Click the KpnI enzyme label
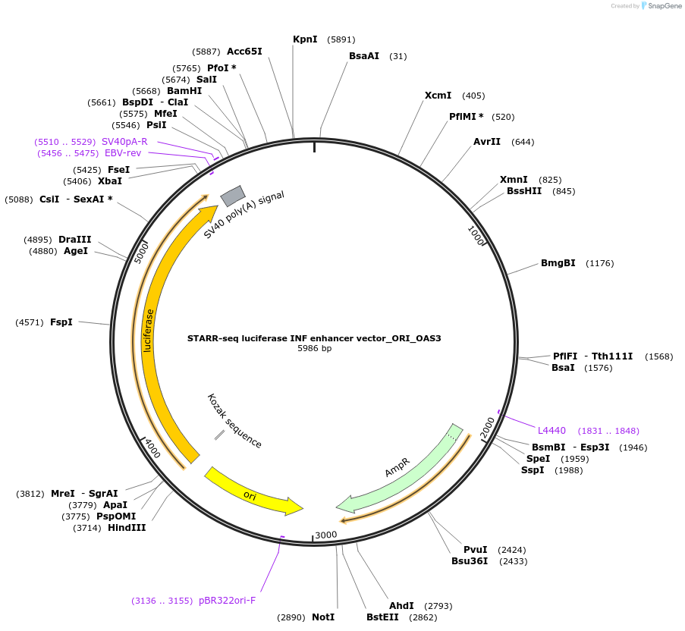tap(305, 39)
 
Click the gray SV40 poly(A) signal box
tap(232, 196)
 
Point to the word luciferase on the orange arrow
tap(149, 331)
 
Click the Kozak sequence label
tap(234, 421)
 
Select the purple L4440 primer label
tap(551, 431)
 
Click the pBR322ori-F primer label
tap(227, 601)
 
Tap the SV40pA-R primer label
tap(124, 142)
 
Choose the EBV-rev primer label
tap(123, 153)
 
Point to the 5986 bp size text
tap(314, 349)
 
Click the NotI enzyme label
tap(323, 617)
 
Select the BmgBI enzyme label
tap(558, 263)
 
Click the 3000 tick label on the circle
tap(325, 535)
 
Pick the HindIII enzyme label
tap(127, 528)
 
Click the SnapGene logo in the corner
tap(661, 6)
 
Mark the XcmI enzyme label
tap(438, 96)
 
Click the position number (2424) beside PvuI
tap(511, 550)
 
